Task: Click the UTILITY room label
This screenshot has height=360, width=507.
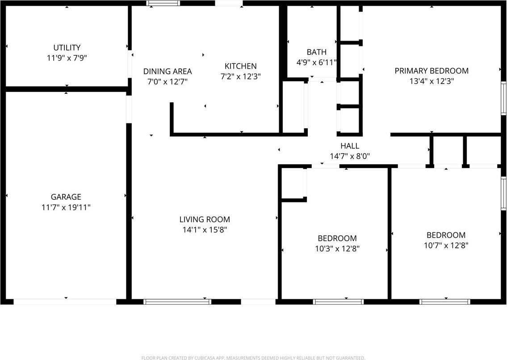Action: (67, 47)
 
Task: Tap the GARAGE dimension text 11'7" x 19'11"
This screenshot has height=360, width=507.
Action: (66, 207)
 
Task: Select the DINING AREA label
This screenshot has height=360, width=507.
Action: (168, 71)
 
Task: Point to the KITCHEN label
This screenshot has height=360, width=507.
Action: (240, 66)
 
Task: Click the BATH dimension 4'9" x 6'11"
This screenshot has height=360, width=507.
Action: (316, 63)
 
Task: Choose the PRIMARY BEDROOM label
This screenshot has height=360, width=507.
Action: (432, 71)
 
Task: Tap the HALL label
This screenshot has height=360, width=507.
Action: (350, 146)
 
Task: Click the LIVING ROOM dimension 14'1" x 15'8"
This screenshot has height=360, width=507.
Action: (205, 230)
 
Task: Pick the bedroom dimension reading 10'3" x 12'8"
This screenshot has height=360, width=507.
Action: (337, 249)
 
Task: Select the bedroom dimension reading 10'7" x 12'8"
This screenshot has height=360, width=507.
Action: (446, 245)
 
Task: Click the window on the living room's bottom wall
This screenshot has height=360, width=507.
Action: (177, 301)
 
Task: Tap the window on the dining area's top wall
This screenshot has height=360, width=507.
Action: (163, 3)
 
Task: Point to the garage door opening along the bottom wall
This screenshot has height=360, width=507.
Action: (65, 301)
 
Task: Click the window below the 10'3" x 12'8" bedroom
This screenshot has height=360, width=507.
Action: (339, 301)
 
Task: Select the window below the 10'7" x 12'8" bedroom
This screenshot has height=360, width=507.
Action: (445, 301)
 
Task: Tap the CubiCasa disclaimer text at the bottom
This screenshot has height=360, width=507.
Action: (253, 358)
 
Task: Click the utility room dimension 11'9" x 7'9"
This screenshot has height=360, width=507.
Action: (67, 58)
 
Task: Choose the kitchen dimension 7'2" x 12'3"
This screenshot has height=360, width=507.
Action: (240, 76)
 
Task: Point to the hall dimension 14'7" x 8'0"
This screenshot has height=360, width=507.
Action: (350, 156)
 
